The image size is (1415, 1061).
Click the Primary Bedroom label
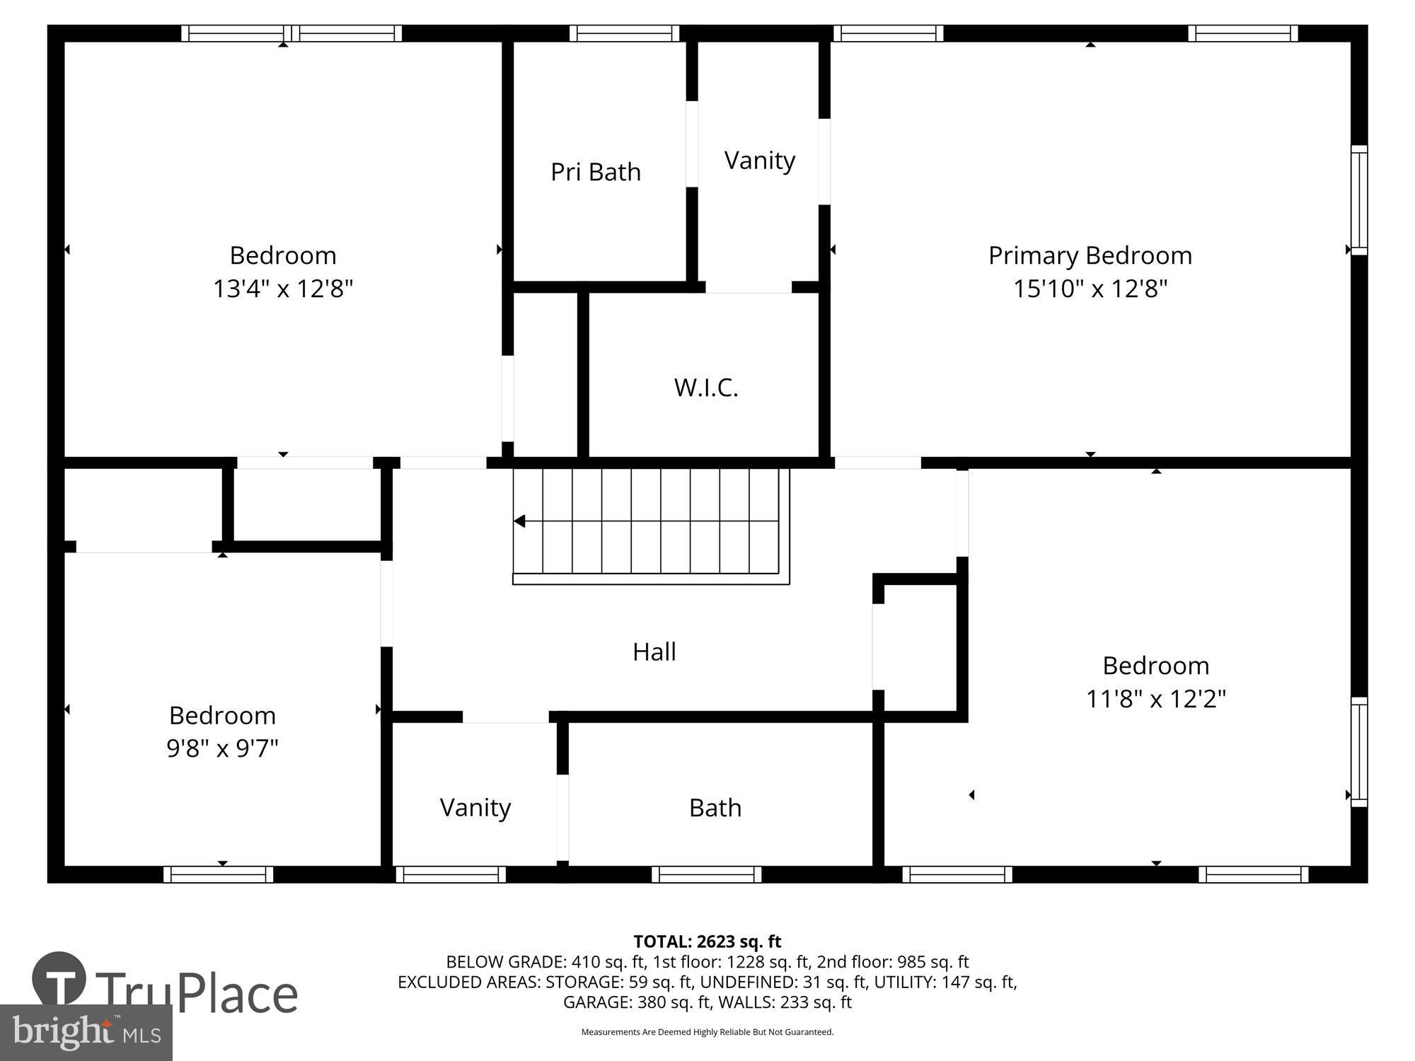[x=1090, y=255]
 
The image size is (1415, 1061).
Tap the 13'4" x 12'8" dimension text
[x=283, y=289]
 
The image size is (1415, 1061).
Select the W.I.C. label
[x=706, y=388]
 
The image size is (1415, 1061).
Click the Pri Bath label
[x=596, y=172]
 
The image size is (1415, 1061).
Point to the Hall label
[x=654, y=651]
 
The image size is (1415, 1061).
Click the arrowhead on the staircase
[x=519, y=521]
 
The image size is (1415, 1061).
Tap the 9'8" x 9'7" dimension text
[x=222, y=748]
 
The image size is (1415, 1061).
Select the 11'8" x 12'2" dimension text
[x=1155, y=699]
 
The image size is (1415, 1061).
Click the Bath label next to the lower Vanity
[x=715, y=808]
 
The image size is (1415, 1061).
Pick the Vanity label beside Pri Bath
[x=759, y=161]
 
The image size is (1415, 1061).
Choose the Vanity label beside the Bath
[x=475, y=807]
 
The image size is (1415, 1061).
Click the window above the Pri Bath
[x=624, y=33]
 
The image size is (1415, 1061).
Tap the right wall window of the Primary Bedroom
[x=1358, y=199]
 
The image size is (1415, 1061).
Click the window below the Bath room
[x=706, y=874]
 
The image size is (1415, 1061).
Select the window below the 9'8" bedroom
[x=218, y=874]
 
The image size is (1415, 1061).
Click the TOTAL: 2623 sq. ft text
[x=707, y=941]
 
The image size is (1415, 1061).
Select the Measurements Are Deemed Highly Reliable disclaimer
[x=707, y=1032]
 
